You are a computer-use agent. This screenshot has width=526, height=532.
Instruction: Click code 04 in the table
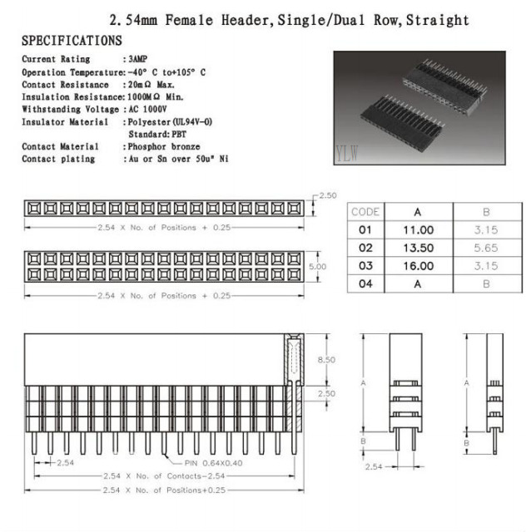click(365, 284)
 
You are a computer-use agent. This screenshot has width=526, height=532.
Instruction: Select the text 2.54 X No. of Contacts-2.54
click(157, 476)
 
